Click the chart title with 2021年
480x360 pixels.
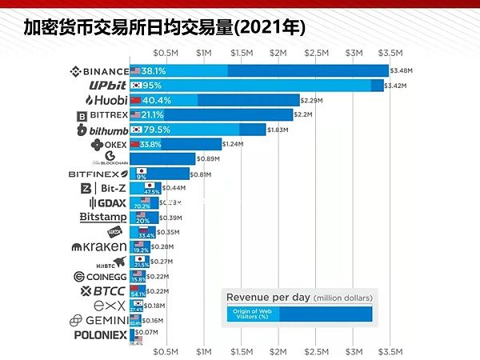click(164, 28)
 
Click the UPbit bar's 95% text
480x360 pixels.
click(152, 85)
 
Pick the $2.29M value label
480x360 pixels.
click(311, 100)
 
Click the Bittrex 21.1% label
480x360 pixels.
click(152, 115)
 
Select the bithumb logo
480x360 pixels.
click(102, 130)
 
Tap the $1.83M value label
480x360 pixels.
click(278, 130)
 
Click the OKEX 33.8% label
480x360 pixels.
click(150, 144)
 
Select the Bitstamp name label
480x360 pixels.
click(103, 217)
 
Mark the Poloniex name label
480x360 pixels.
click(101, 335)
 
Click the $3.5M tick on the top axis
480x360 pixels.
click(390, 52)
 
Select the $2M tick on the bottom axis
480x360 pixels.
click(278, 350)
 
